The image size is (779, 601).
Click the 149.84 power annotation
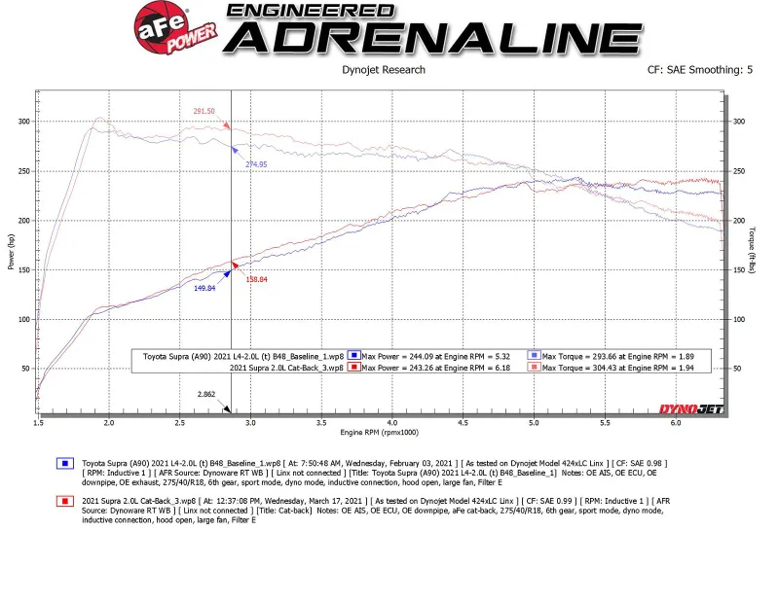(x=204, y=289)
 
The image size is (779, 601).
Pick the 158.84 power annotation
(x=256, y=280)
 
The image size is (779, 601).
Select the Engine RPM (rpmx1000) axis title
(x=379, y=431)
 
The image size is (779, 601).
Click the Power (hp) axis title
(x=12, y=252)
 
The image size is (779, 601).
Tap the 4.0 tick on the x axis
(x=391, y=423)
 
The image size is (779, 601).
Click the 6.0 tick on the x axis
(x=675, y=423)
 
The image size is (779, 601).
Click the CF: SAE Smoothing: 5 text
(x=699, y=70)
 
